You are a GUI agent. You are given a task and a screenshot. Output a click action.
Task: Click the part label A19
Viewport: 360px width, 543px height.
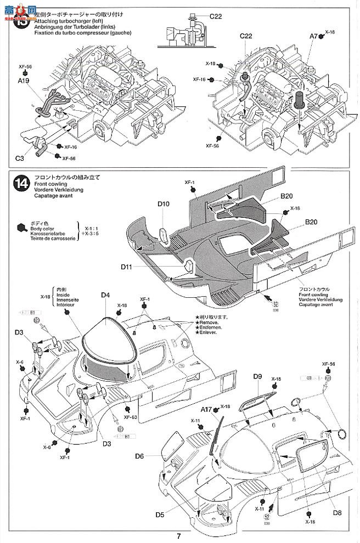coord(23,80)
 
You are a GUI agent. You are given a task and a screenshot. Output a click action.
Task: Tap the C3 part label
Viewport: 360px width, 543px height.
coord(20,158)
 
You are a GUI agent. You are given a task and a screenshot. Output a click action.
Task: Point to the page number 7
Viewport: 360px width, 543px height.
coord(179,536)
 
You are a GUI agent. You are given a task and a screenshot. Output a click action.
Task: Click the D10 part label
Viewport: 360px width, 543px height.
coord(163,204)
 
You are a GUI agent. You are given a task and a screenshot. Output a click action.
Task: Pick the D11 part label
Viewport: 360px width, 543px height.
coord(127,267)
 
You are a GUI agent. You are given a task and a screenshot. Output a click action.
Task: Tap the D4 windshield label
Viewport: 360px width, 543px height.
coord(106,295)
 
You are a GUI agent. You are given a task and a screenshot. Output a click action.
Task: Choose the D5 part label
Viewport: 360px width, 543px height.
coord(160,514)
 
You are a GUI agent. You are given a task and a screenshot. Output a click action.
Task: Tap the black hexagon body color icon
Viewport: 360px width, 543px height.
coord(22,227)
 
